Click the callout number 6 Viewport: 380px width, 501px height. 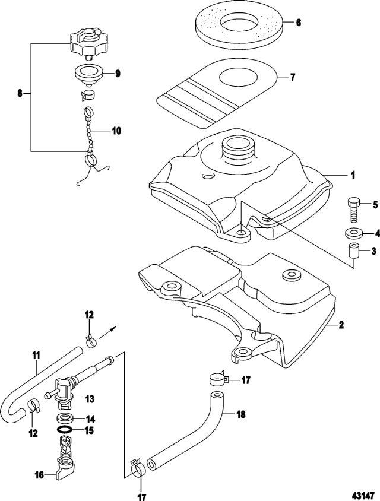[297, 23]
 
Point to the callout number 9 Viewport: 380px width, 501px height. [118, 74]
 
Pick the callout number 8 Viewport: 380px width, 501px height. [20, 93]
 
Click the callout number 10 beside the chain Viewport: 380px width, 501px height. [116, 130]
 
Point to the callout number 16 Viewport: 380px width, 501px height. [40, 474]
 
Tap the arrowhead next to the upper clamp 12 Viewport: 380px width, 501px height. [113, 326]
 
